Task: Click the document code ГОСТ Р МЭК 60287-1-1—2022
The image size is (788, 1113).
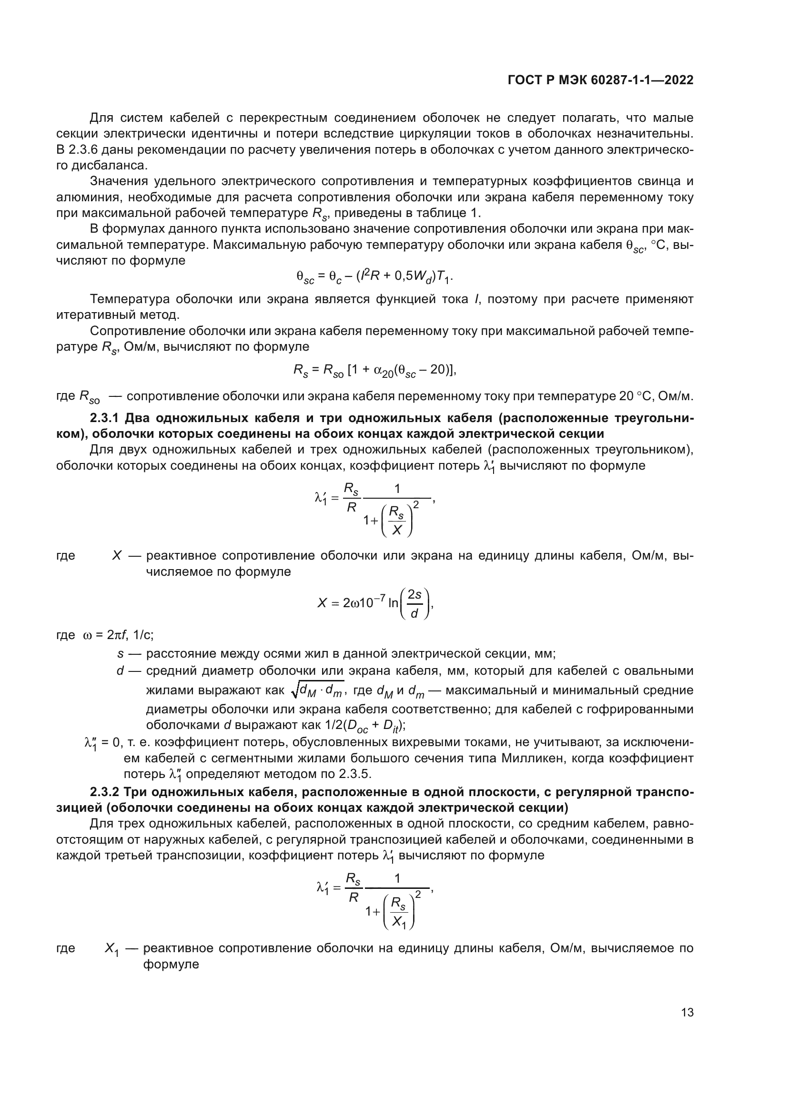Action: click(x=600, y=80)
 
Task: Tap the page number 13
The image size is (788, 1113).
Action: click(x=687, y=1013)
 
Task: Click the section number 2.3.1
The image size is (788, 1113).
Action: click(x=104, y=418)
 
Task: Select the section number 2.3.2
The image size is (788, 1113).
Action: click(x=104, y=792)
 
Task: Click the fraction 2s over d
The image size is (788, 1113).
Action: click(x=414, y=603)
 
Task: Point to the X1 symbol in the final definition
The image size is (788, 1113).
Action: click(x=112, y=948)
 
